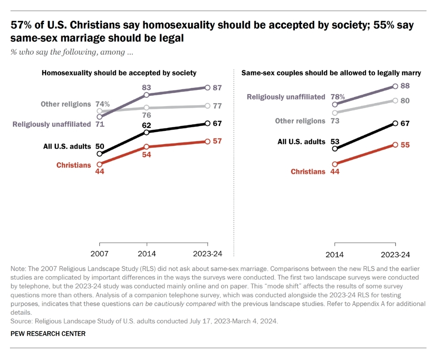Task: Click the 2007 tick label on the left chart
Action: pos(100,254)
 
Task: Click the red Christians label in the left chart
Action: pos(73,165)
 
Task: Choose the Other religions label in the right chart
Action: pos(300,121)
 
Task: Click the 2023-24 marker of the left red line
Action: pos(207,141)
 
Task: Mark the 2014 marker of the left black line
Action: pos(146,132)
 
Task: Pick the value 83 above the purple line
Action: pos(146,87)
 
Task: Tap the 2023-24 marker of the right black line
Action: pos(395,123)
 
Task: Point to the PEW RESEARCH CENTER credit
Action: pos(48,333)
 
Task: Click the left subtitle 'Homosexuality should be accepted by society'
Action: pos(119,73)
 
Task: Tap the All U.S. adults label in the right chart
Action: pos(301,142)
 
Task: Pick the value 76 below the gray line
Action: pos(146,115)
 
